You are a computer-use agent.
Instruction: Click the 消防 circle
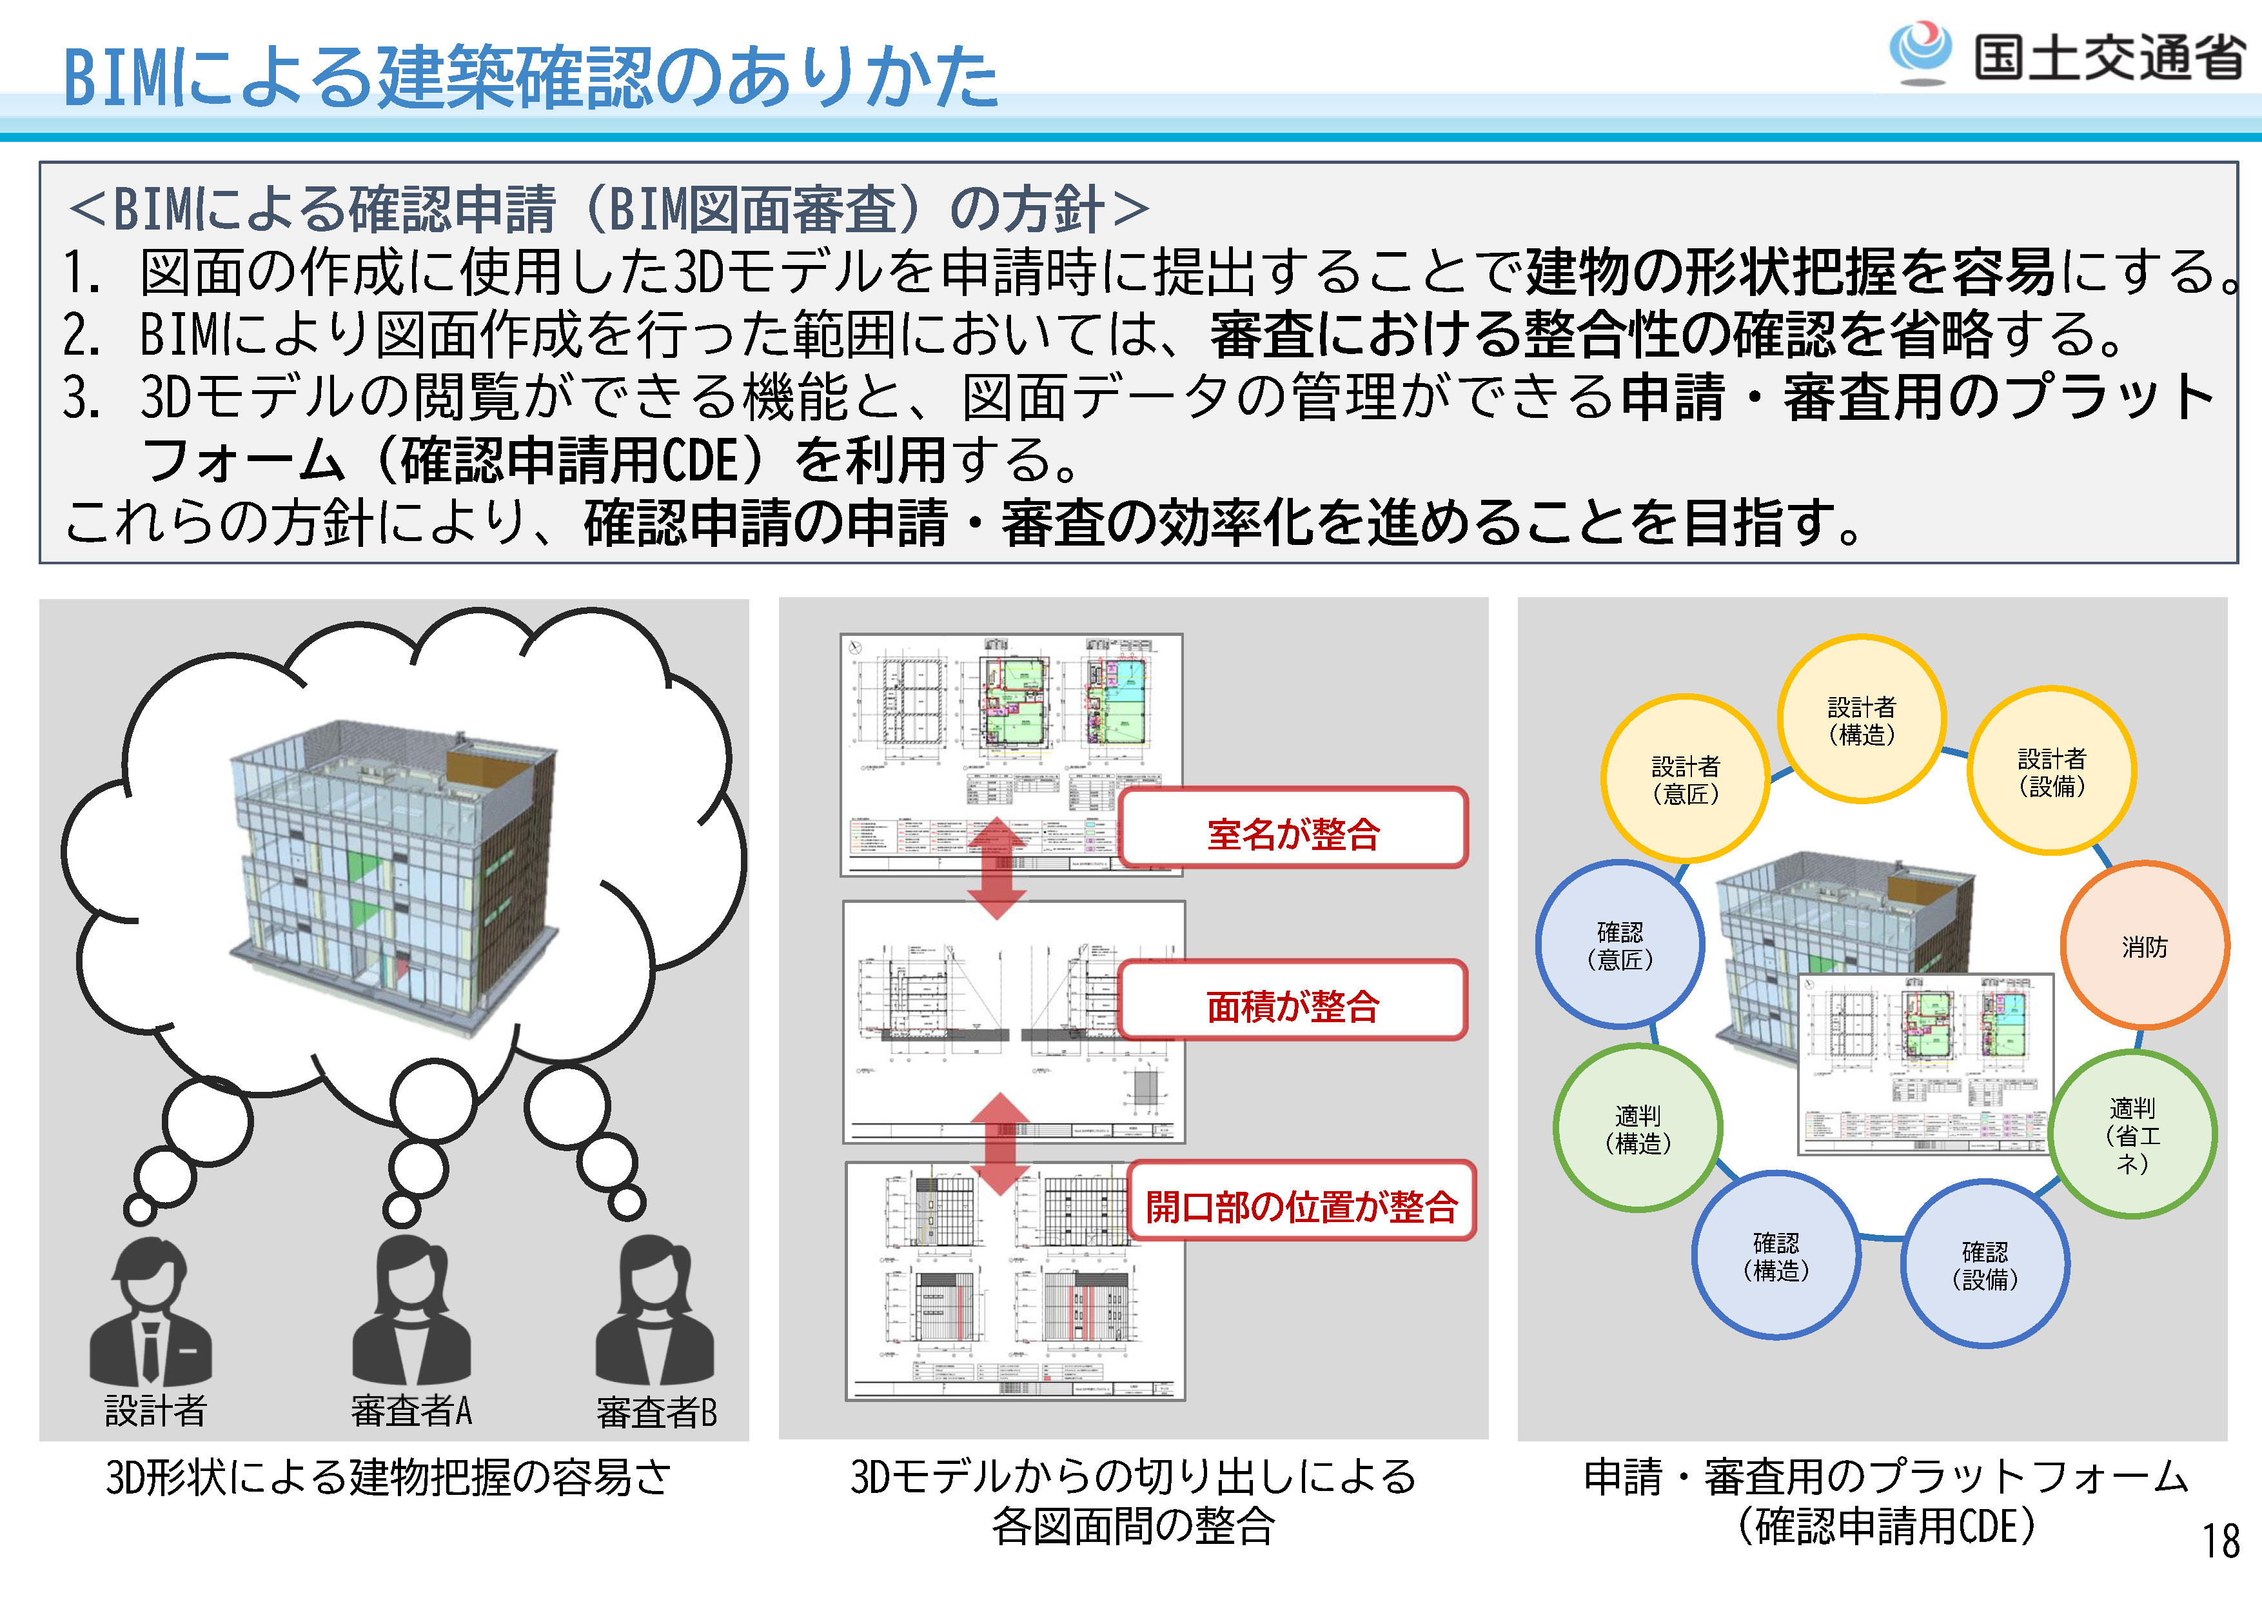(2144, 946)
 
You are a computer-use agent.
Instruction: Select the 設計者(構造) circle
(1860, 719)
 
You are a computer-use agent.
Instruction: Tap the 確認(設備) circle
(1984, 1264)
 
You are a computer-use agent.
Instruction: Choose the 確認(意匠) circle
(1620, 945)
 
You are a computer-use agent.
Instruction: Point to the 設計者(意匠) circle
(1685, 779)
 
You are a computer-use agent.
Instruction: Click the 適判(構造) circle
(1637, 1128)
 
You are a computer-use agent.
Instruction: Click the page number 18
(2221, 1541)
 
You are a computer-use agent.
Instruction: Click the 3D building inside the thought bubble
(394, 877)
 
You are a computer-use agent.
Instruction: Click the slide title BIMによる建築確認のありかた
(530, 77)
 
